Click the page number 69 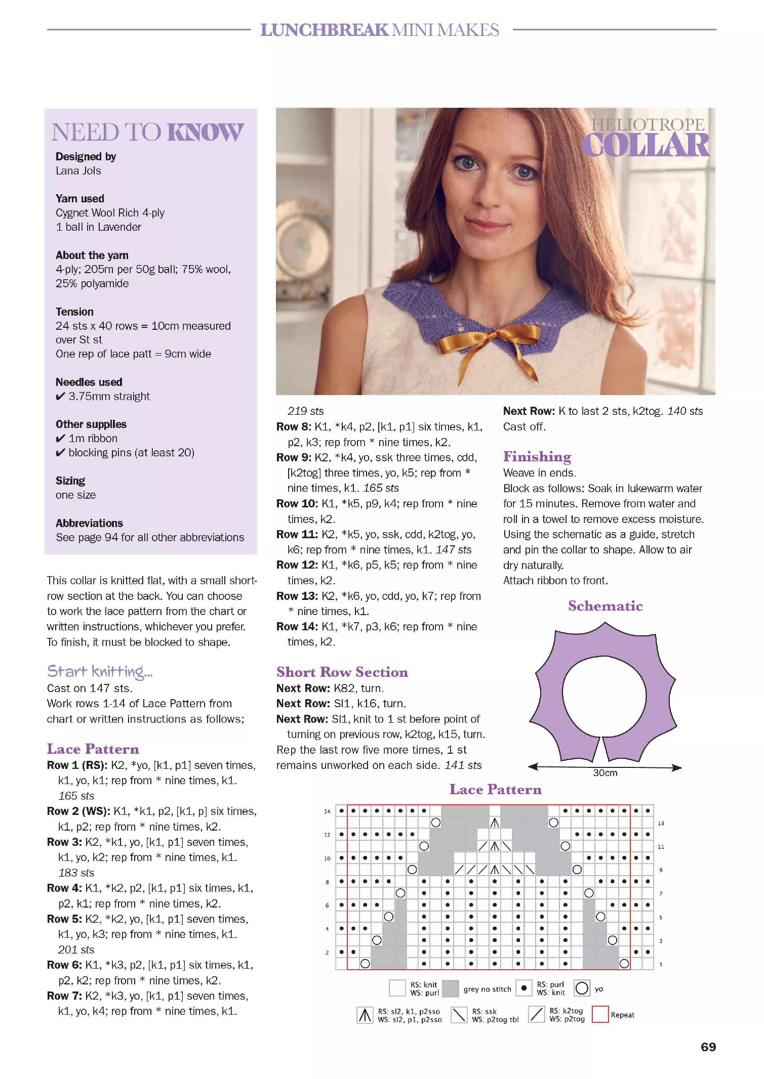point(708,1047)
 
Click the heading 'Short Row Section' point(342,672)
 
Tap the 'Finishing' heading point(537,456)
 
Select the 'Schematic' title point(605,606)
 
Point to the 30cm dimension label point(605,772)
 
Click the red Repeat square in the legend point(600,1014)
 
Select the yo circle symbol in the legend point(582,987)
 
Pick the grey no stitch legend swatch point(450,988)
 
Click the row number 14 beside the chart point(327,811)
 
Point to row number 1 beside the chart point(660,964)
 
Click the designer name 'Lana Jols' point(78,170)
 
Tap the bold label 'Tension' point(74,312)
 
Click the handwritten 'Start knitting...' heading point(100,671)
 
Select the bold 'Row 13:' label point(293,596)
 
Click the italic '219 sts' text point(305,411)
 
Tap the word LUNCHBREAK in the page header point(324,30)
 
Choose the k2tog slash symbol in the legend point(536,1014)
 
